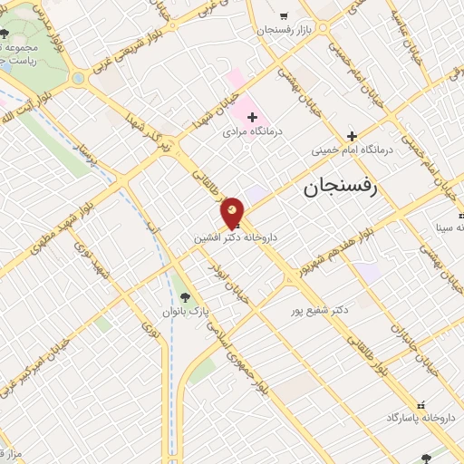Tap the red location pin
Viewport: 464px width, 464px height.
tap(232, 214)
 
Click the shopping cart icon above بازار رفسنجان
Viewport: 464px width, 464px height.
tap(284, 15)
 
